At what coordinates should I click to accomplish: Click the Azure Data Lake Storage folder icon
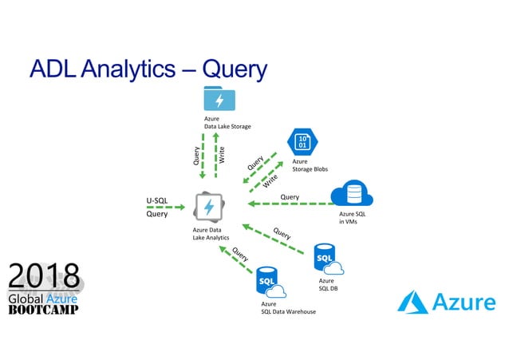coord(219,98)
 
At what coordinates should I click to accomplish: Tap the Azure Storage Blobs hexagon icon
coord(302,143)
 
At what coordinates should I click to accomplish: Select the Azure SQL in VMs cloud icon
coord(353,194)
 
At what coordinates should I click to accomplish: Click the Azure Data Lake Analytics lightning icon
coord(209,208)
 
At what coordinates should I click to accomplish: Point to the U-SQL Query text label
coord(156,208)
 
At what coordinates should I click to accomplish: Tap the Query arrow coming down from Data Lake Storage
coord(203,155)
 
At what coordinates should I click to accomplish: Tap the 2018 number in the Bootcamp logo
coord(44,277)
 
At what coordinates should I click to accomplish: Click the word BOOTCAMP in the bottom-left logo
coord(43,310)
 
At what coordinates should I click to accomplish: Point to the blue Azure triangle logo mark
coord(413,303)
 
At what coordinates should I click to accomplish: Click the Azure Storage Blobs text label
coord(310,165)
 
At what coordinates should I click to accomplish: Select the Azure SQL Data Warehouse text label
coord(288,307)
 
